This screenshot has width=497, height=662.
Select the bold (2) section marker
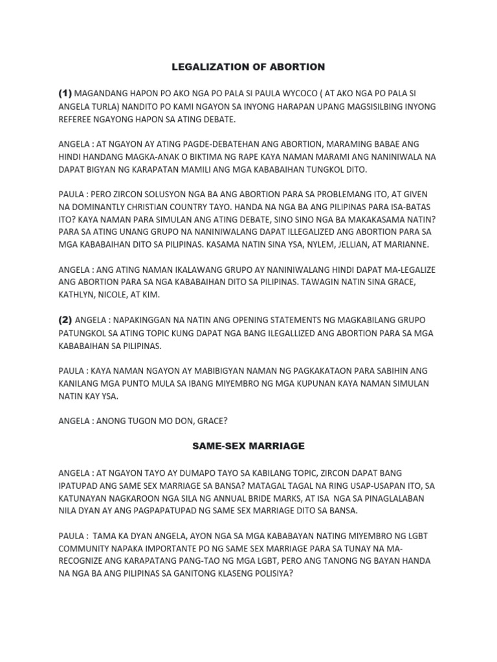click(65, 319)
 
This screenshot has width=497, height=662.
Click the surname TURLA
click(109, 106)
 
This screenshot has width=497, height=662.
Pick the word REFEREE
click(76, 120)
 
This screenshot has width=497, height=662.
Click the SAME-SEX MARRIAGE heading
click(248, 446)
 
